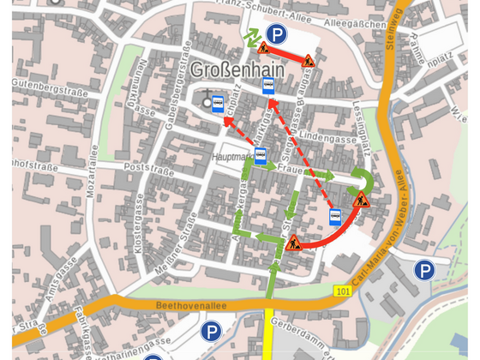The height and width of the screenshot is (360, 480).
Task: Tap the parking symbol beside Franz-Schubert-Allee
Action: (276, 34)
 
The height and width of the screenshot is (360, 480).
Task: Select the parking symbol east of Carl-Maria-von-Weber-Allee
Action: (424, 271)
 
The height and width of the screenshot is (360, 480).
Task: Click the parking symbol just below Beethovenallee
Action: (211, 331)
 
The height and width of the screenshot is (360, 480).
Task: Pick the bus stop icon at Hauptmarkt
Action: (261, 155)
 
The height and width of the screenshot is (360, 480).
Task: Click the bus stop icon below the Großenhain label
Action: (268, 85)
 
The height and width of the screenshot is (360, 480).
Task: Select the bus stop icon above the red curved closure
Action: (336, 216)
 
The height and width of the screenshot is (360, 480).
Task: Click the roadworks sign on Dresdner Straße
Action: (295, 243)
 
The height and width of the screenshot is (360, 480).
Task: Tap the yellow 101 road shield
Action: (343, 291)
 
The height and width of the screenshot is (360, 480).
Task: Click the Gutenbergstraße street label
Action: (42, 84)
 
